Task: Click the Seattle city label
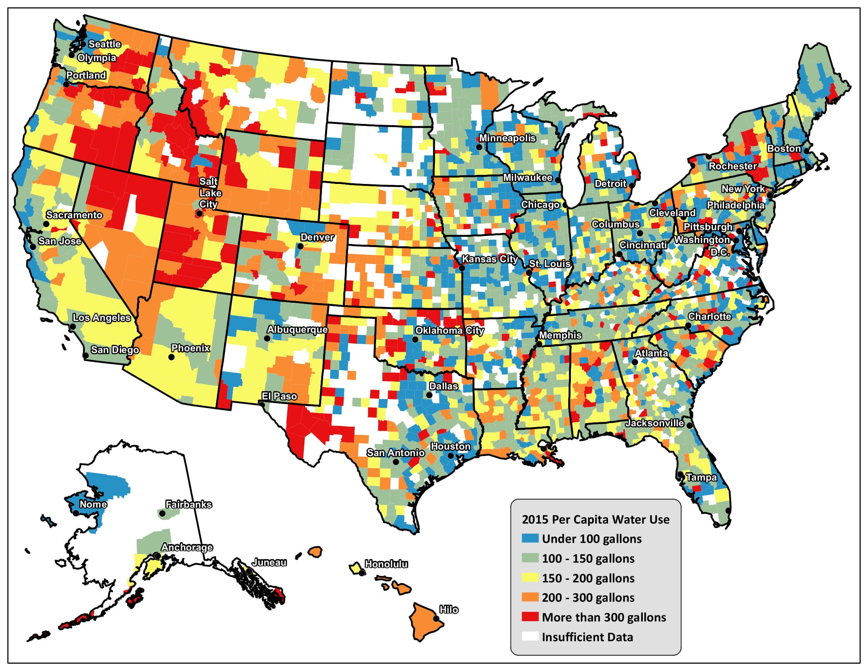[104, 44]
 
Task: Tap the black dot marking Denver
[301, 246]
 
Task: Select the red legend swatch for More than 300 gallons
[530, 617]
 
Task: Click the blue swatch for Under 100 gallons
[530, 539]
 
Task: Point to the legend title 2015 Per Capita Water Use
[595, 519]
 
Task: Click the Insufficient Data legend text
[587, 637]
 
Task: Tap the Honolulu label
[386, 564]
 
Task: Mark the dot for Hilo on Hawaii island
[436, 619]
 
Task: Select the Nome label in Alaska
[93, 504]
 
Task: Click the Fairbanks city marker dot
[162, 514]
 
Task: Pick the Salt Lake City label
[209, 193]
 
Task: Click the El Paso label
[279, 396]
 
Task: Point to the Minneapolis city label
[507, 138]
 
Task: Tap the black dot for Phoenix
[171, 357]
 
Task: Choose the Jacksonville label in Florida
[654, 423]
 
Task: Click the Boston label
[784, 148]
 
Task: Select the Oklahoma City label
[449, 330]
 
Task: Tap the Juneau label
[269, 562]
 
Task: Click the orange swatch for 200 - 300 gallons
[530, 598]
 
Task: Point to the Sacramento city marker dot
[46, 224]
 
